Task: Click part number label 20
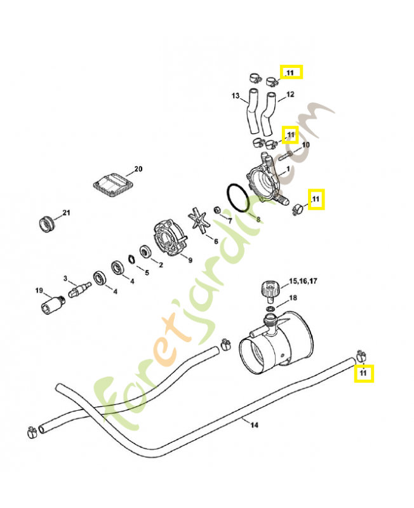point(138,170)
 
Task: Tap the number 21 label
point(66,212)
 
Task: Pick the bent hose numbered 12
point(269,109)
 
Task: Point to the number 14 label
point(255,425)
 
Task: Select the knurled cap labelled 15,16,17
point(269,292)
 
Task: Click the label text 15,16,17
point(303,280)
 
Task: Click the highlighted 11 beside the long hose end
point(363,373)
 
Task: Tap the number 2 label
point(161,265)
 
